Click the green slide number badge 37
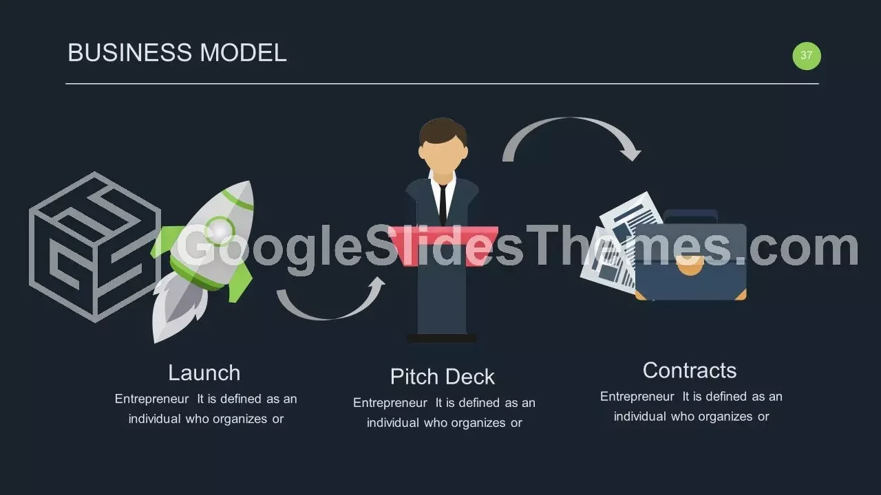click(x=806, y=56)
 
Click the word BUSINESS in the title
click(x=130, y=53)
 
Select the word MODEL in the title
click(x=243, y=53)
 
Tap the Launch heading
click(x=204, y=373)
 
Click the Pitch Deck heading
click(x=442, y=377)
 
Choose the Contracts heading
click(x=690, y=371)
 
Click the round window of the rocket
click(x=219, y=230)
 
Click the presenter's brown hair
click(x=443, y=131)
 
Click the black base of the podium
click(x=441, y=338)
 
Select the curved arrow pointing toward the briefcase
click(x=571, y=120)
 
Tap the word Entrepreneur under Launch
click(x=152, y=399)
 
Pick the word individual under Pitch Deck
click(x=393, y=423)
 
